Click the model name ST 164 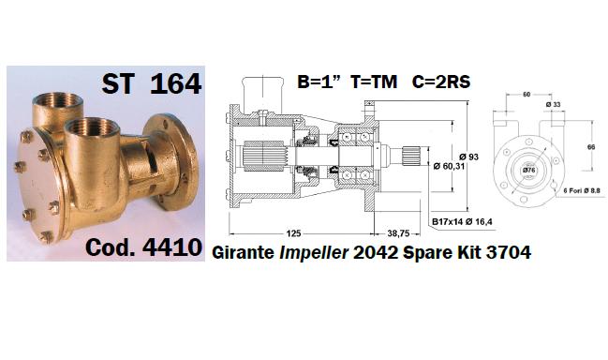point(152,83)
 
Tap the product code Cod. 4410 point(143,247)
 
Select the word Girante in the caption point(244,253)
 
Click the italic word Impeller point(314,253)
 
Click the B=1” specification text point(319,82)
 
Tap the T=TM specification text point(374,82)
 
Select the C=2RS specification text point(441,82)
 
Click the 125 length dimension point(293,233)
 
